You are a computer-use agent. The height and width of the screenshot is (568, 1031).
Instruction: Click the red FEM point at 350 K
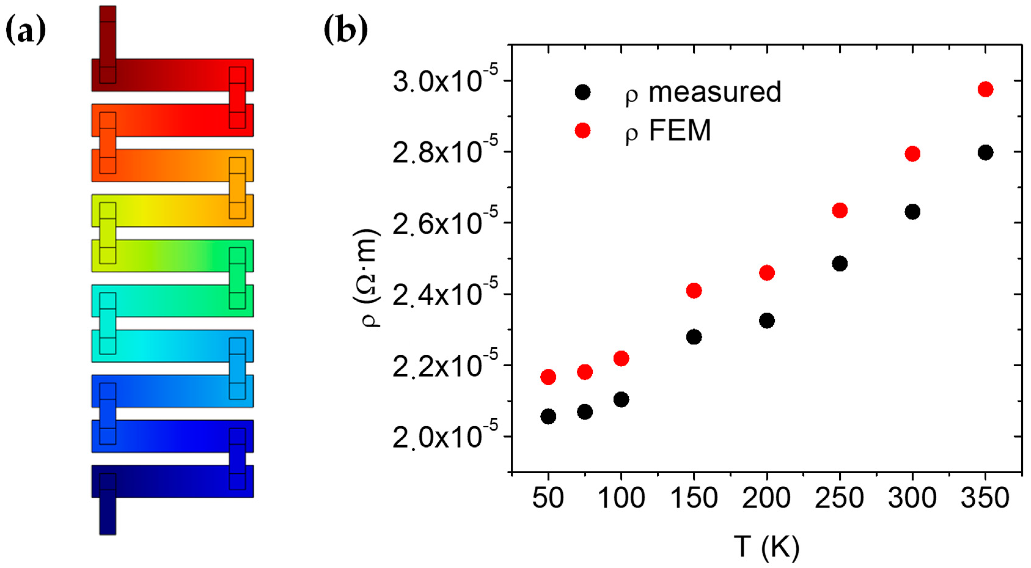(x=985, y=89)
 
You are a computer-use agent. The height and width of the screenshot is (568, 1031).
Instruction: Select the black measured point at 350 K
(x=985, y=152)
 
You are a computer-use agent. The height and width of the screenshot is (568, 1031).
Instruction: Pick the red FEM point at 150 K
(x=694, y=291)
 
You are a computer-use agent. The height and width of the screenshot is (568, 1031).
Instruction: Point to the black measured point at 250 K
(x=839, y=264)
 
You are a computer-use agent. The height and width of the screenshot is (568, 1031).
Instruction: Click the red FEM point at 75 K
(x=585, y=372)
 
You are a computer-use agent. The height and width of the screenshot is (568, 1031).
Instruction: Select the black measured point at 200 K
(x=766, y=321)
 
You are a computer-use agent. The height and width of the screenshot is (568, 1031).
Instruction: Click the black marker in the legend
(x=582, y=93)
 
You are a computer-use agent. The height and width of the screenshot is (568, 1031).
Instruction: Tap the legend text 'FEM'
(x=680, y=130)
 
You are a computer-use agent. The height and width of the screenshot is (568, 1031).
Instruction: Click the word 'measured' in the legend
(x=715, y=92)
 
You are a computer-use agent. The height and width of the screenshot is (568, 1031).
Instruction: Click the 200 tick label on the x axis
(x=766, y=498)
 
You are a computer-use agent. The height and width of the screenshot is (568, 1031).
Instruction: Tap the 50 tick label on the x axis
(x=548, y=498)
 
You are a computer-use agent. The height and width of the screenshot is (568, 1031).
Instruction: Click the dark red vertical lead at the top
(x=108, y=32)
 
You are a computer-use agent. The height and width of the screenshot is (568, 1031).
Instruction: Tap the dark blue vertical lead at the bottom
(x=108, y=516)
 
